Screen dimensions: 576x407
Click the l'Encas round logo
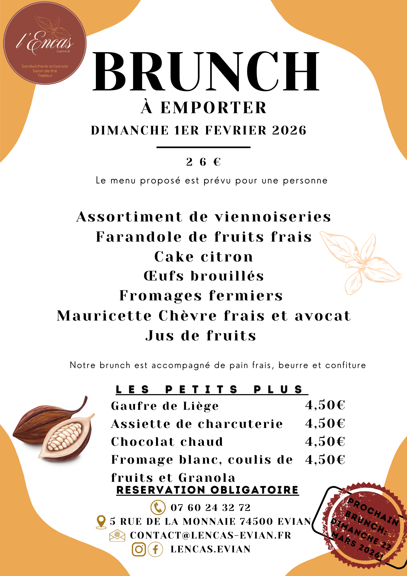45,43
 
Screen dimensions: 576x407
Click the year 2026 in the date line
289,130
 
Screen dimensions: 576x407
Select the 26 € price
203,162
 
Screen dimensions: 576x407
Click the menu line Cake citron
204,257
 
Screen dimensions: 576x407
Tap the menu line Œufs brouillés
204,276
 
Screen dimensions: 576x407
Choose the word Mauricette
104,316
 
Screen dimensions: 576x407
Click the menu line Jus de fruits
201,336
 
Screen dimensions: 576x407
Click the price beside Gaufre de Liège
325,405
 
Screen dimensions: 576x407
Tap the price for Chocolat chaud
325,441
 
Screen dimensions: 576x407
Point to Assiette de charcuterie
197,424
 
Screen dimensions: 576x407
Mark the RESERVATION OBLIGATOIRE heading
208,490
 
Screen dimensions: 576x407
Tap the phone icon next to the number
158,507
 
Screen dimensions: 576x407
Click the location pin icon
101,522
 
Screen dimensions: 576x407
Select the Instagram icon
139,549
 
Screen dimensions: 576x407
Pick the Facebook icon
155,549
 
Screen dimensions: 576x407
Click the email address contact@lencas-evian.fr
211,535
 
